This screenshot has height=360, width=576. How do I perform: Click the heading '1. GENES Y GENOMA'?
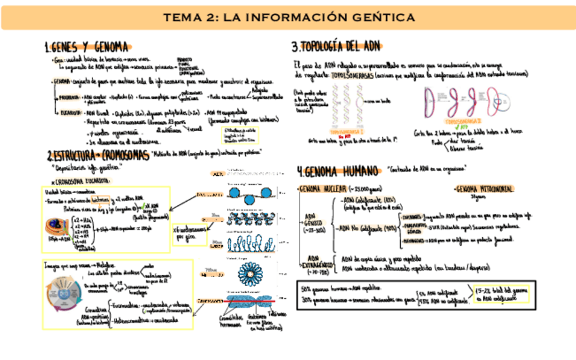coord(87,48)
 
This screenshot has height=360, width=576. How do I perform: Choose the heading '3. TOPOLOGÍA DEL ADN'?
coord(336,48)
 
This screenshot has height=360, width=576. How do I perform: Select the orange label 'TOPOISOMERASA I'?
coord(347,131)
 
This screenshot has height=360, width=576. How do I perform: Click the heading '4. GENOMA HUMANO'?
coord(338,170)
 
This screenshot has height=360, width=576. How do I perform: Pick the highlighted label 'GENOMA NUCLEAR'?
coord(322,187)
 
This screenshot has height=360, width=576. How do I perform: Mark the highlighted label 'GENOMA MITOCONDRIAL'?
coord(484,188)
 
